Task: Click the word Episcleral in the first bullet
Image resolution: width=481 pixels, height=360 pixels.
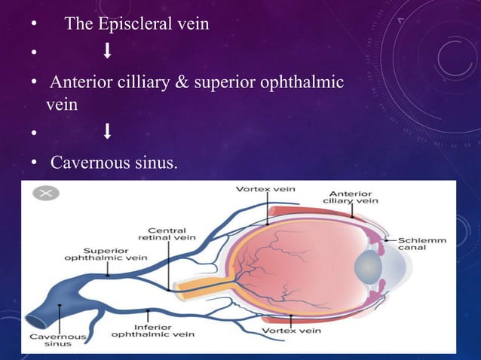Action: [134, 24]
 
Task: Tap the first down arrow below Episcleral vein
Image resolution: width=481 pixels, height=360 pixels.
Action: [107, 52]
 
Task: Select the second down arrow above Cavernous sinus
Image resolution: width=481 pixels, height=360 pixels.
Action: [107, 133]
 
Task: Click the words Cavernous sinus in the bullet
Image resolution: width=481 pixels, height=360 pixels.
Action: [114, 161]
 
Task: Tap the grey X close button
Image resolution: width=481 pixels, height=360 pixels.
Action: [45, 193]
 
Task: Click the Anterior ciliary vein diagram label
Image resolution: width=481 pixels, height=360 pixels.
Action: [351, 197]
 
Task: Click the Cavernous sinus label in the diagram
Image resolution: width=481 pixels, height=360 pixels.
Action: [57, 340]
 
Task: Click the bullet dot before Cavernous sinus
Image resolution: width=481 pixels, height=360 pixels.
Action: [34, 162]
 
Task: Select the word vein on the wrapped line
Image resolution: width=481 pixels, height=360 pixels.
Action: [62, 105]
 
